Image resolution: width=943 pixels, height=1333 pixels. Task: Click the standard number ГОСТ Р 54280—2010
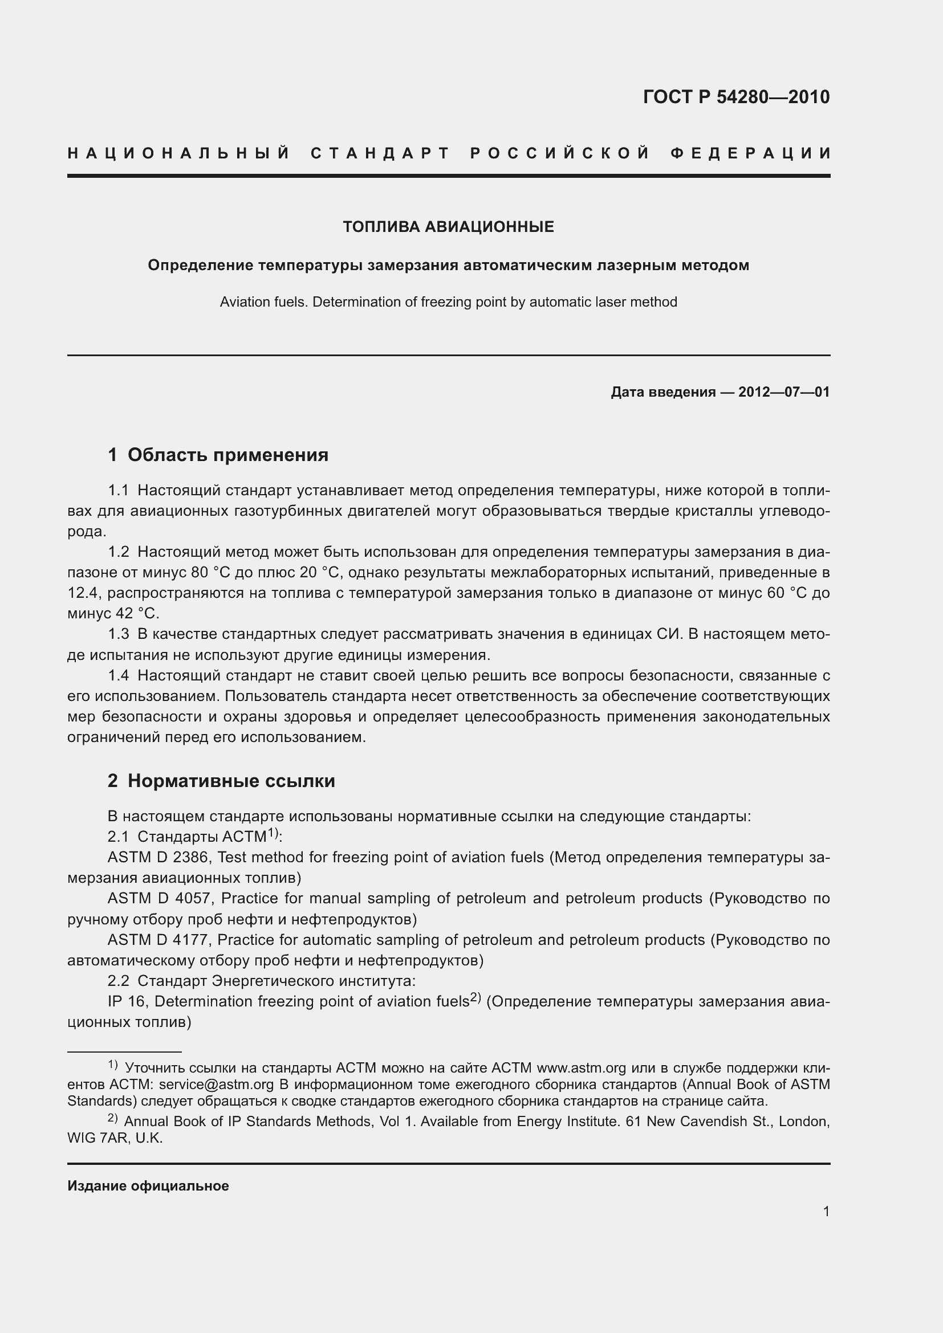(735, 96)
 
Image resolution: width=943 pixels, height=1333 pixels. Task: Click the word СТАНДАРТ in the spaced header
(380, 153)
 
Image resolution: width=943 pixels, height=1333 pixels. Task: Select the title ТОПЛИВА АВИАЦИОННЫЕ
(448, 227)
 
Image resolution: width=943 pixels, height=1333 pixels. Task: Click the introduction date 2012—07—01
(783, 392)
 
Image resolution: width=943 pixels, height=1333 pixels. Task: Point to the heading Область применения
(227, 455)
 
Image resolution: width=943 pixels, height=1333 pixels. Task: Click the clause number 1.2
(119, 552)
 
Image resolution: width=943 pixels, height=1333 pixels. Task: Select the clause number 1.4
(119, 675)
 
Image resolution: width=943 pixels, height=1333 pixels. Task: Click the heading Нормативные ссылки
(231, 781)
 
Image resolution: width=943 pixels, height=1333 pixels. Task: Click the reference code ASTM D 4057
(161, 898)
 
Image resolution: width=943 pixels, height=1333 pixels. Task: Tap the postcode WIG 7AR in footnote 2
(97, 1138)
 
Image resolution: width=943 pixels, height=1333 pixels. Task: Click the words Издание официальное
(148, 1185)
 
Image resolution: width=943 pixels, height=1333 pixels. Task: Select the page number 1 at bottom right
(826, 1211)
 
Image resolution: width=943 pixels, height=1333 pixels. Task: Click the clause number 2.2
(119, 981)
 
